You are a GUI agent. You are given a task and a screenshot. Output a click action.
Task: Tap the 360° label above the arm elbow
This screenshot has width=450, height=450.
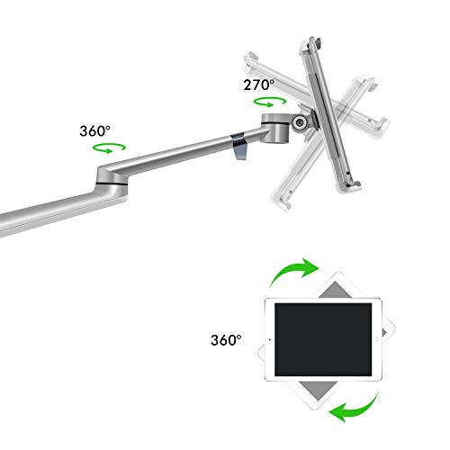[x=94, y=130]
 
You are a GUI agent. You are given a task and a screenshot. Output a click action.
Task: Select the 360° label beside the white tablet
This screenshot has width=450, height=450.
[x=227, y=341]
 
